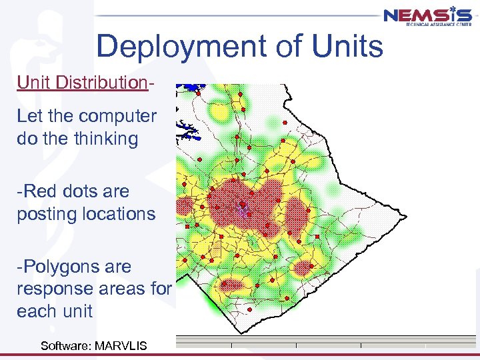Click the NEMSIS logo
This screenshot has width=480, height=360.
coord(427,15)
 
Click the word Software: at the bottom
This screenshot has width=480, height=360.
coord(66,345)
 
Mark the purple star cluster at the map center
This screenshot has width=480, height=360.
coord(244,209)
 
